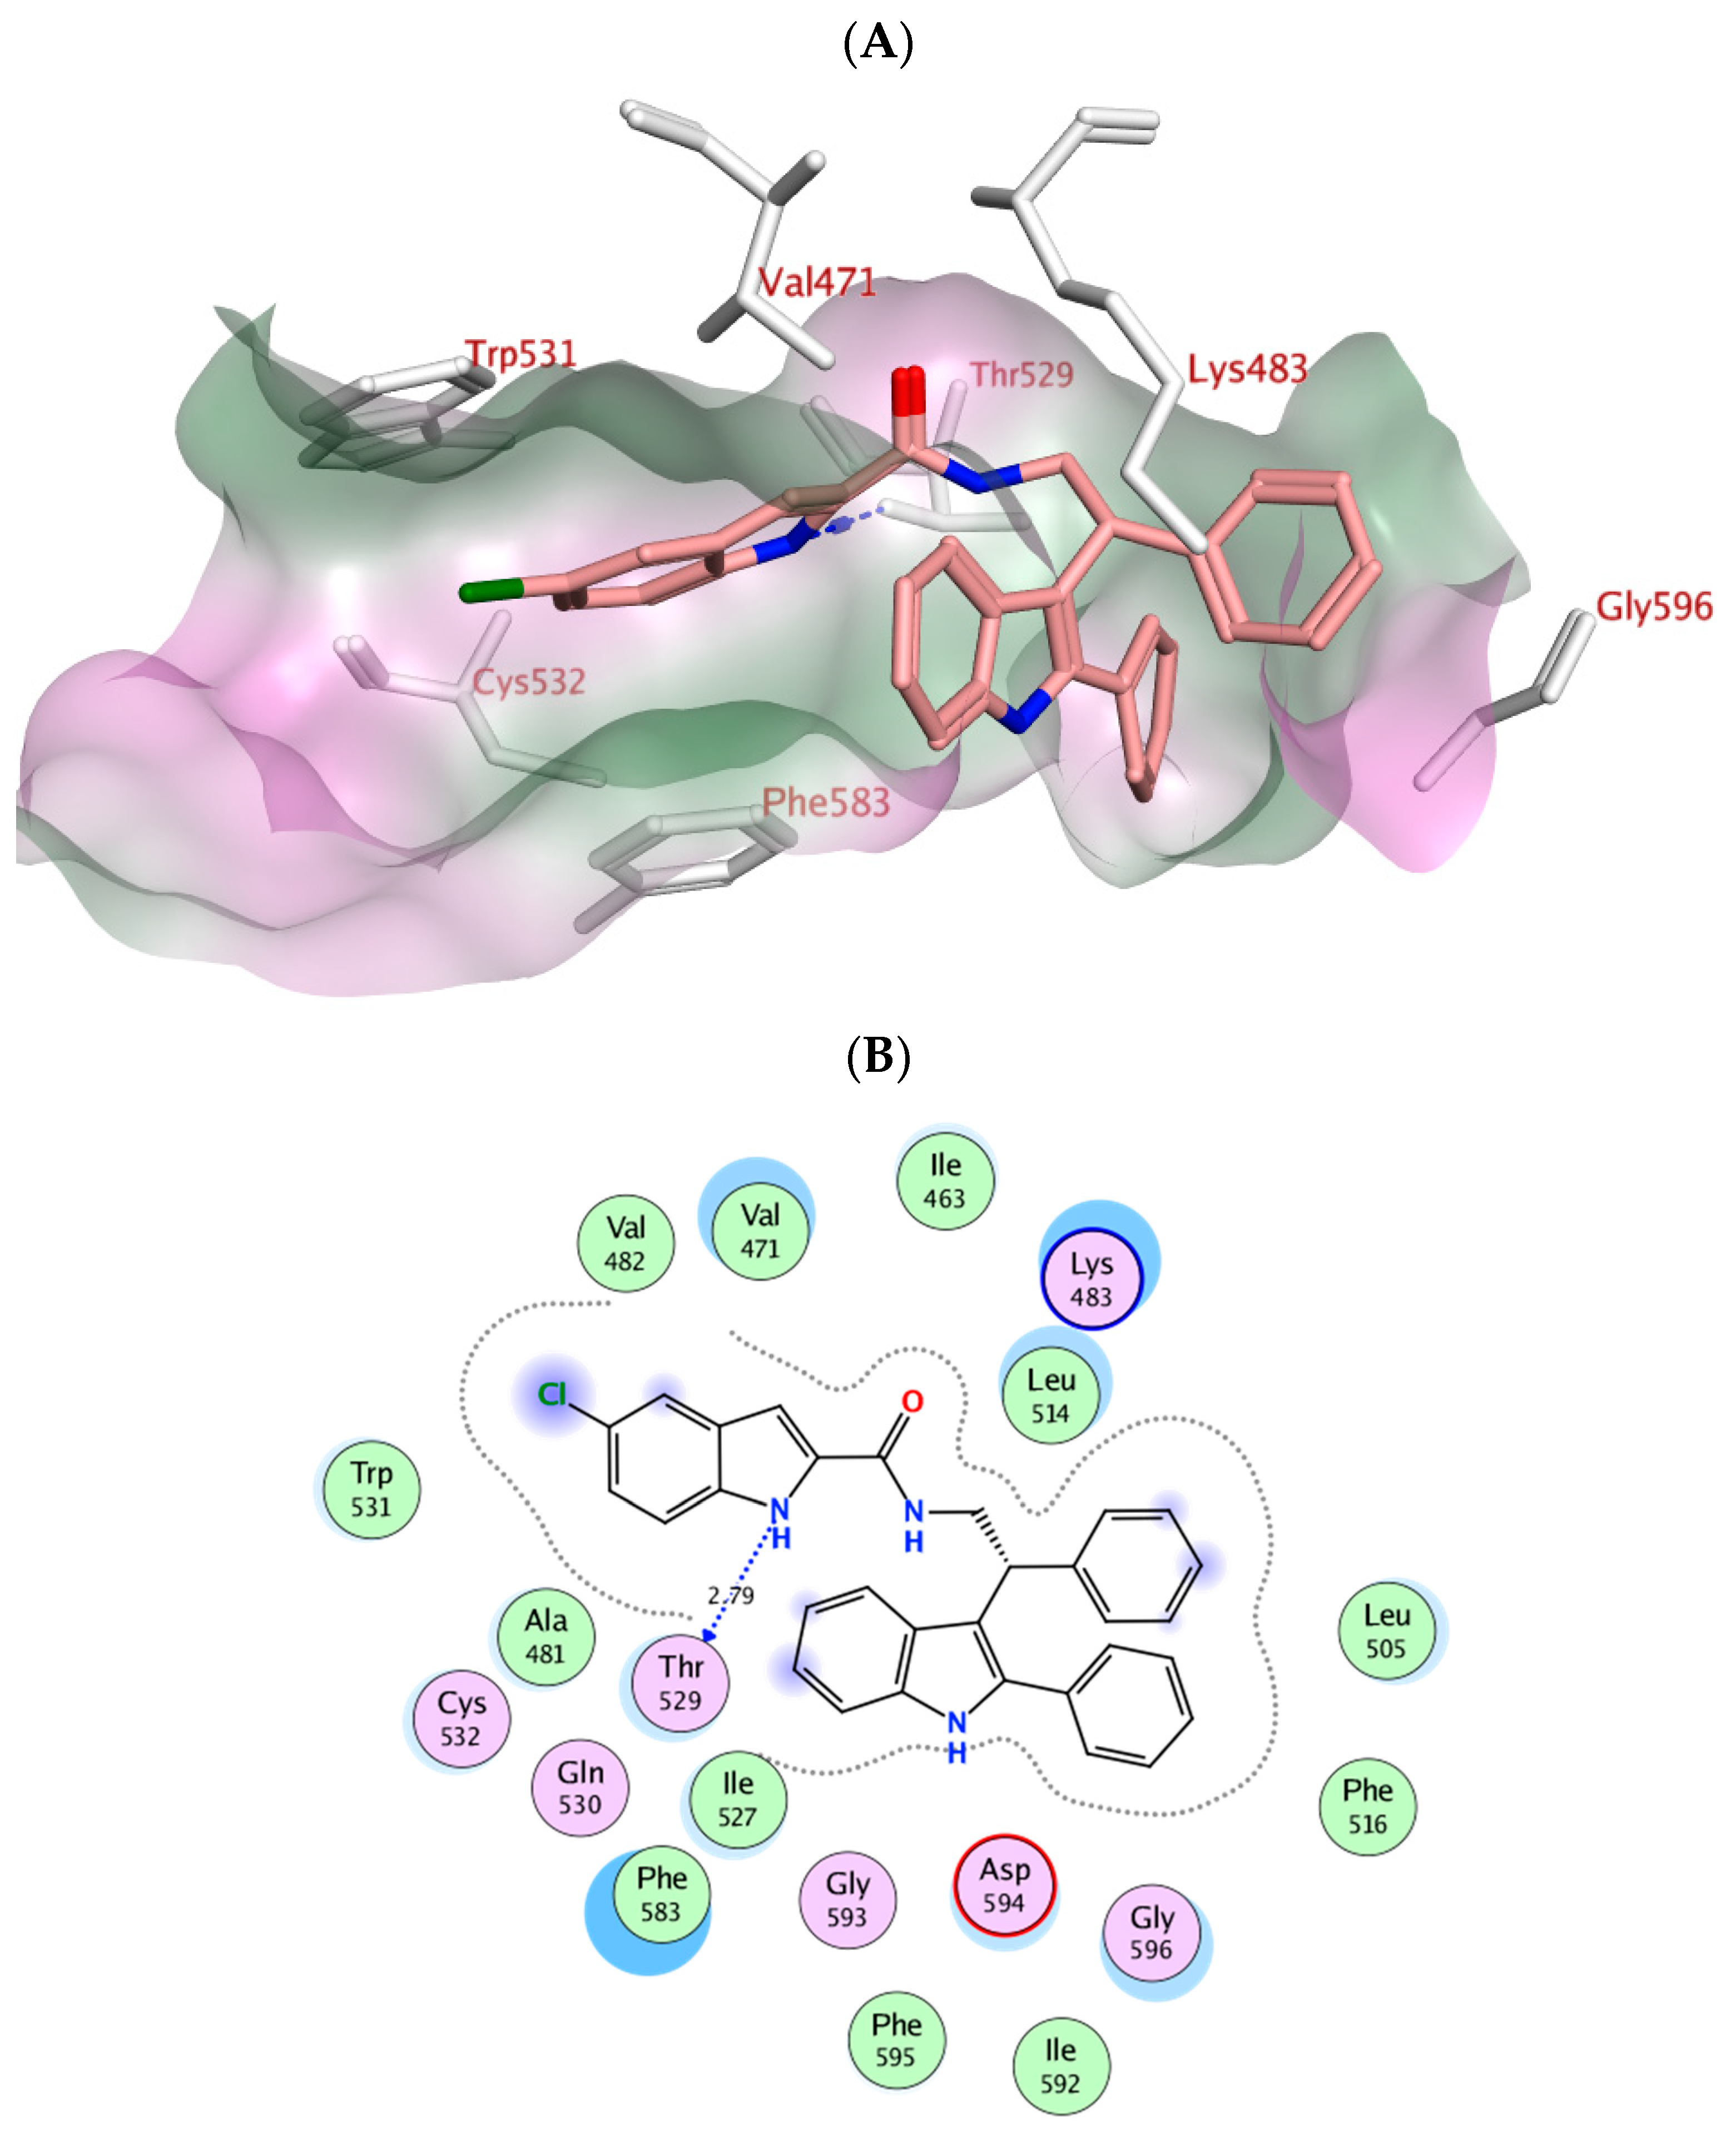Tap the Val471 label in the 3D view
tap(817, 284)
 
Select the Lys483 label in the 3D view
tap(1247, 370)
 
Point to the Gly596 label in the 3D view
tap(1653, 607)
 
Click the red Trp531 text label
tap(521, 354)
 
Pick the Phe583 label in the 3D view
tap(825, 803)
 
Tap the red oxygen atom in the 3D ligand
tap(907, 390)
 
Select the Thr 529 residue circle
tap(680, 1683)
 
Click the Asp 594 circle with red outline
tap(1004, 1886)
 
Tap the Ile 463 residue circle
tap(945, 1182)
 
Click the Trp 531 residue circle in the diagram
tap(371, 1489)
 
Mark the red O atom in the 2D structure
tap(912, 1402)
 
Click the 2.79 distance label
tap(731, 1596)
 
